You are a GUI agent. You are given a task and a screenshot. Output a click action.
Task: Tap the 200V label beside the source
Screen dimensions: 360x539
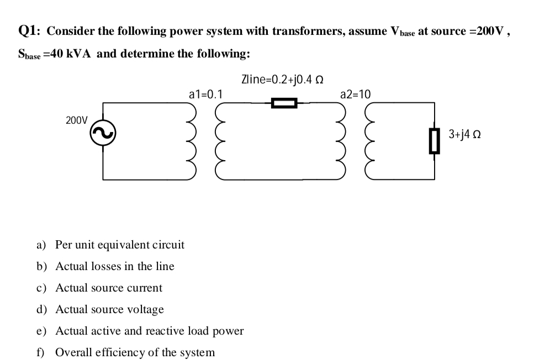(x=76, y=120)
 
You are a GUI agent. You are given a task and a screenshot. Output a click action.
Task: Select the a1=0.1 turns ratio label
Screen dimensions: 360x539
(x=205, y=94)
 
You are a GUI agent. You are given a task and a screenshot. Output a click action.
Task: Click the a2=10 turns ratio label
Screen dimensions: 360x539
(x=356, y=94)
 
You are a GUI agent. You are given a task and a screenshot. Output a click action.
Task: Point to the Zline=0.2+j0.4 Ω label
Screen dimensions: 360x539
(x=282, y=79)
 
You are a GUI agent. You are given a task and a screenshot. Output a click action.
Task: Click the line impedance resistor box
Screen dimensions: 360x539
(x=284, y=103)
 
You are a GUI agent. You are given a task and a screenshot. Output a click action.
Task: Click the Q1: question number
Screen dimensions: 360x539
(x=30, y=30)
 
